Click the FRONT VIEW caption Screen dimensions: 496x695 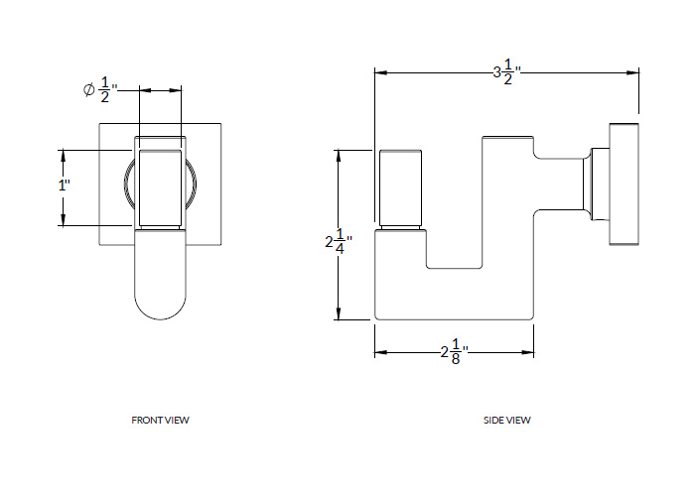(x=160, y=420)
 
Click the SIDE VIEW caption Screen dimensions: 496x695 (x=507, y=420)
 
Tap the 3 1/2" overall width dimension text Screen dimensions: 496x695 (x=507, y=72)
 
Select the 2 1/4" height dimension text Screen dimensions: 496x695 (x=338, y=241)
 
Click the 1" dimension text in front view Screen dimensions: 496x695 (x=65, y=186)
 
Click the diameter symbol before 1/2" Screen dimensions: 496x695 (x=88, y=90)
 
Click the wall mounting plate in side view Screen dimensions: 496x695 (x=624, y=184)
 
